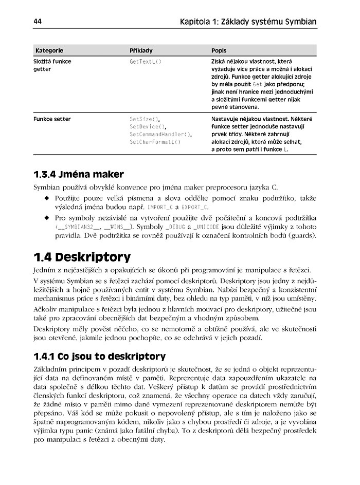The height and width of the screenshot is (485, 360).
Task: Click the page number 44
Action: tap(38, 22)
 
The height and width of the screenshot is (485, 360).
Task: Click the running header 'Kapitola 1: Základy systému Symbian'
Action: tap(248, 22)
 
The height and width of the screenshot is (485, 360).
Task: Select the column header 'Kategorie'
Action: tap(49, 51)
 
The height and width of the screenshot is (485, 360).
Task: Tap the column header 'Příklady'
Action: tap(141, 51)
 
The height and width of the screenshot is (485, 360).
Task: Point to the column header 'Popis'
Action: tap(220, 51)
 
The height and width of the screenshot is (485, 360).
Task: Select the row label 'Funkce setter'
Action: tap(52, 119)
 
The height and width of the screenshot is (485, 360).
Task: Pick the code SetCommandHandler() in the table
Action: tap(160, 134)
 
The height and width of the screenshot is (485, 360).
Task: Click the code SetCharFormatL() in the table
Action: tap(155, 142)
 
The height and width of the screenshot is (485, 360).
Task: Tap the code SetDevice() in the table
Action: tap(148, 127)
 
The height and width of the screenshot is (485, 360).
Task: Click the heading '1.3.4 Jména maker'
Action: tap(78, 174)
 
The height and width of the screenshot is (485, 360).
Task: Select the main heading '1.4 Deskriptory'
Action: tap(82, 256)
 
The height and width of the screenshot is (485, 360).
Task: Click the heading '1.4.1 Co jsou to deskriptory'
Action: tap(100, 356)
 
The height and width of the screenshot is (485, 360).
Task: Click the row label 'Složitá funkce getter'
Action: tap(52, 65)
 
